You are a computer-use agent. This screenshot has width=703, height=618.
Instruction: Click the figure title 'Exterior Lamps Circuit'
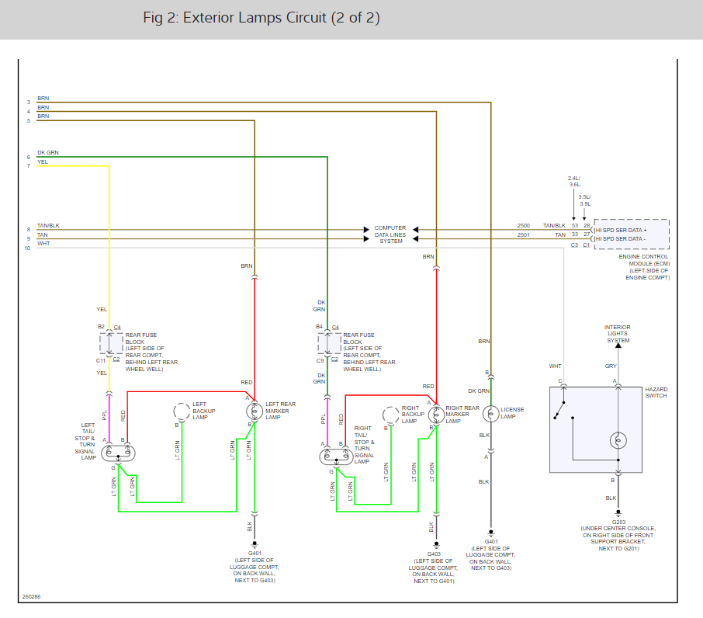(261, 18)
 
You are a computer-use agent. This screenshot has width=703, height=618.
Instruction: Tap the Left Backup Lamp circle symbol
(182, 411)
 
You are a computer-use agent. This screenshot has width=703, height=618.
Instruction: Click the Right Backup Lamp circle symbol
(390, 415)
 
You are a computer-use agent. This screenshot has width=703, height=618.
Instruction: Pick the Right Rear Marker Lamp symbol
(436, 415)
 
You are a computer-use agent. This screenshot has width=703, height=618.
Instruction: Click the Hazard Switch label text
(656, 391)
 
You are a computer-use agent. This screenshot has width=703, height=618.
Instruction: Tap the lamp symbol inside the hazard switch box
(618, 440)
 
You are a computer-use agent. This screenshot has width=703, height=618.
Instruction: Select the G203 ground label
(618, 523)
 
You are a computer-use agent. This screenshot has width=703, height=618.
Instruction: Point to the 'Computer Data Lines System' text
(391, 234)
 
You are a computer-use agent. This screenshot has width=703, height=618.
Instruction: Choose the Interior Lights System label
(618, 334)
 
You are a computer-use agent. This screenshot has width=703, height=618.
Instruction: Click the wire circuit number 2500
(524, 226)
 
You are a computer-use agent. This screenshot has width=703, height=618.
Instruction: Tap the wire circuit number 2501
(524, 234)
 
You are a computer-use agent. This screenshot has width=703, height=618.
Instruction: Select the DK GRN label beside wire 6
(47, 152)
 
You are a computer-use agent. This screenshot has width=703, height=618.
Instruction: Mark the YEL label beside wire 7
(43, 162)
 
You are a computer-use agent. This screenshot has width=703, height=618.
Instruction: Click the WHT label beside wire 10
(43, 243)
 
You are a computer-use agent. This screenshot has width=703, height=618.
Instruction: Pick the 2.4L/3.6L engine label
(574, 181)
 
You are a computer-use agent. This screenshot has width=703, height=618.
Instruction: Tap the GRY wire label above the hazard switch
(611, 366)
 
